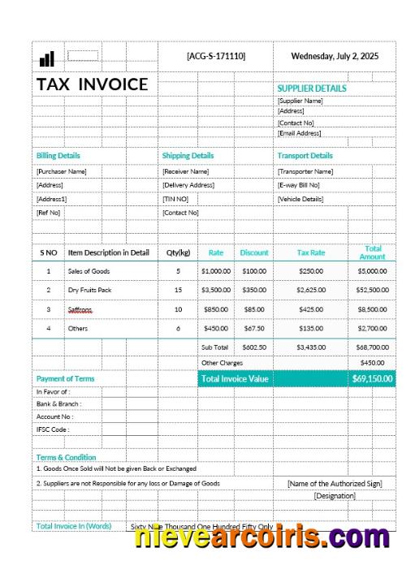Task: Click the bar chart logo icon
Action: [x=46, y=58]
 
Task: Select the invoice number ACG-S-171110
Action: [x=215, y=56]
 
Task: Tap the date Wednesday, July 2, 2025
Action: [x=335, y=56]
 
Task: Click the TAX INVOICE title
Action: [x=92, y=84]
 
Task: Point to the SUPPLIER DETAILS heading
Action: [x=311, y=88]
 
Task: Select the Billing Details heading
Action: [x=58, y=155]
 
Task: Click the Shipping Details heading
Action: [x=188, y=155]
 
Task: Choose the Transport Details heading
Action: [x=305, y=155]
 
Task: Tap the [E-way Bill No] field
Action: [x=298, y=185]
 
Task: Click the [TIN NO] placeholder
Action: [x=175, y=199]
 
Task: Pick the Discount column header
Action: [x=254, y=252]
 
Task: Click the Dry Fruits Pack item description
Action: [x=89, y=289]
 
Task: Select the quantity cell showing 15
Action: [x=178, y=289]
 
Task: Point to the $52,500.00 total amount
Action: [x=372, y=289]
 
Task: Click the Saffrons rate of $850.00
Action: [x=216, y=308]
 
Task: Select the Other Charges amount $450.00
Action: [x=372, y=363]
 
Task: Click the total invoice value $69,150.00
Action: [x=372, y=378]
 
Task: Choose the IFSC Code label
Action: [x=53, y=429]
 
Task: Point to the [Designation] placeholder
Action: [x=335, y=495]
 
